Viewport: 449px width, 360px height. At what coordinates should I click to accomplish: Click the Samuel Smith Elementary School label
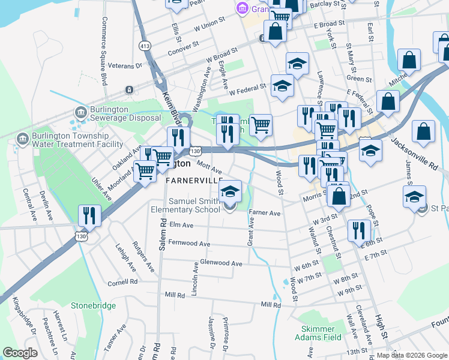tap(194, 205)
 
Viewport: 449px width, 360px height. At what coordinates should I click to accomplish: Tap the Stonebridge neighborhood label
tap(93, 305)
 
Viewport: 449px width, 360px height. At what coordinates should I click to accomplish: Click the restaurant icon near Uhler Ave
tap(89, 216)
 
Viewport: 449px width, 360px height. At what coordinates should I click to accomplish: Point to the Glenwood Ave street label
tap(220, 263)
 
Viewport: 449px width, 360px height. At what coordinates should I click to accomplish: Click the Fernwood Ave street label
tap(189, 244)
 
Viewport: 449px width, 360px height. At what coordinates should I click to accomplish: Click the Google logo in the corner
tap(20, 353)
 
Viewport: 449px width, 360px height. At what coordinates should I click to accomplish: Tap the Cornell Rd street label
tap(122, 282)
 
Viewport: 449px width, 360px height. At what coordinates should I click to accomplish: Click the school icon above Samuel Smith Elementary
tap(229, 191)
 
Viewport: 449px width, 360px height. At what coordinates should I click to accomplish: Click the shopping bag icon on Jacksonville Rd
tap(424, 133)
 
